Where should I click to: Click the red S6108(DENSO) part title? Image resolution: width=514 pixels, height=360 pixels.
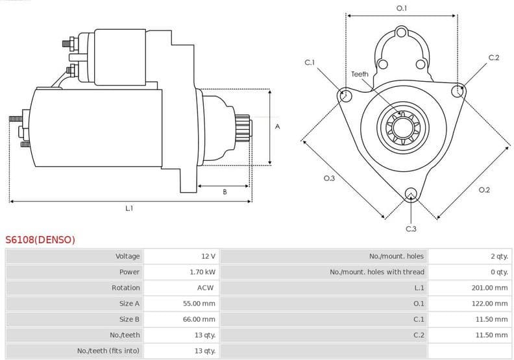pyautogui.click(x=40, y=240)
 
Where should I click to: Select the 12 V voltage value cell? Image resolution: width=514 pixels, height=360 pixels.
pyautogui.click(x=208, y=256)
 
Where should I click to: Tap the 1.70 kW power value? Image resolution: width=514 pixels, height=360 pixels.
pyautogui.click(x=202, y=272)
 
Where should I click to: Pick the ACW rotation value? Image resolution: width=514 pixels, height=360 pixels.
pyautogui.click(x=206, y=287)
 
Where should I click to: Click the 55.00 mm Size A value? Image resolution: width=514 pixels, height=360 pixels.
pyautogui.click(x=199, y=304)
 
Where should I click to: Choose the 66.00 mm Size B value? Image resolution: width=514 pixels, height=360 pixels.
pyautogui.click(x=199, y=319)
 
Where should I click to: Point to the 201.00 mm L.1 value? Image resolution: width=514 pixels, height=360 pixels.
pyautogui.click(x=489, y=287)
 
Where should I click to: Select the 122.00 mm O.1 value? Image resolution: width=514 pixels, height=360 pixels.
pyautogui.click(x=489, y=304)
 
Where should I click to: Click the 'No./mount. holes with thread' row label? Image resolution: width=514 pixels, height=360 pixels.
pyautogui.click(x=377, y=272)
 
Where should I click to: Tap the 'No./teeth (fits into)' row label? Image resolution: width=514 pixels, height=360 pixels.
pyautogui.click(x=108, y=351)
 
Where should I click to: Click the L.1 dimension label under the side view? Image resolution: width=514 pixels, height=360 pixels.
pyautogui.click(x=129, y=208)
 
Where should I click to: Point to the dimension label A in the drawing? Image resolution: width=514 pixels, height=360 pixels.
pyautogui.click(x=277, y=126)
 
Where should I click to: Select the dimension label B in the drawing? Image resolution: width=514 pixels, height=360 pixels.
pyautogui.click(x=225, y=192)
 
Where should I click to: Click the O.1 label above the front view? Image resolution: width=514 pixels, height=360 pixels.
pyautogui.click(x=402, y=8)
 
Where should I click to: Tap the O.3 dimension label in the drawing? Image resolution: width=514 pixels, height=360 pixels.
pyautogui.click(x=329, y=178)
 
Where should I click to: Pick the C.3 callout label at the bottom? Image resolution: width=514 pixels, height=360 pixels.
pyautogui.click(x=411, y=229)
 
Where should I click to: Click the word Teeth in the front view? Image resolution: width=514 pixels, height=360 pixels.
pyautogui.click(x=360, y=74)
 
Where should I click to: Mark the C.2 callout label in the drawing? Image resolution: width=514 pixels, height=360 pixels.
pyautogui.click(x=493, y=58)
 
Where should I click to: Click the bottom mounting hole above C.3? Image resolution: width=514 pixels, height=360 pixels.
pyautogui.click(x=410, y=194)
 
